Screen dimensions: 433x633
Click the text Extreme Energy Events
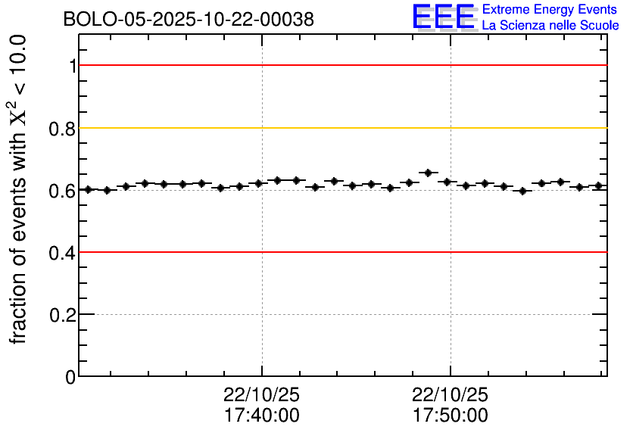coord(550,10)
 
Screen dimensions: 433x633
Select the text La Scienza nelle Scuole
coord(550,26)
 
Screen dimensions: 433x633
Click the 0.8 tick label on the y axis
coord(64,129)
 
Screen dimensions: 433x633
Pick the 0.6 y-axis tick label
coord(64,191)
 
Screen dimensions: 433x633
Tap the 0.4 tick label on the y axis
coord(64,253)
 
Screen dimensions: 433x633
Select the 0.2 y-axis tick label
coord(64,315)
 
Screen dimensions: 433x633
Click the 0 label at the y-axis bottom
coord(71,377)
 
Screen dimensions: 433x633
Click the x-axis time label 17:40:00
coord(261,416)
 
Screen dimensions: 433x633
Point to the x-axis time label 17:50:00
coord(451,416)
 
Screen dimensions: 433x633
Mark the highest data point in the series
coord(429,173)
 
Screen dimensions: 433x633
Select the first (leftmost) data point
coord(88,189)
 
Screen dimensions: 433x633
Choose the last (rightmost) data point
coord(598,185)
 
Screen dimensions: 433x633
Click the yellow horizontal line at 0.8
coord(341,128)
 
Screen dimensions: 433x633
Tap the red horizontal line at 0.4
coord(341,252)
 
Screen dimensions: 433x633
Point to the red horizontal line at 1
coord(341,66)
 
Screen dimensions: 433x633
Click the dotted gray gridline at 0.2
coord(341,314)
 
